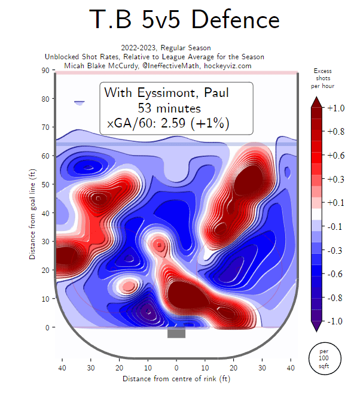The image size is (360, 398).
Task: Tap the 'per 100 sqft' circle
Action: (323, 358)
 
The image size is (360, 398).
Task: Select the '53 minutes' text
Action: (169, 108)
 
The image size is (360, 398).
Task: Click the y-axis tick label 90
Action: (44, 70)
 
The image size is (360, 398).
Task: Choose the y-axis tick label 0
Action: (46, 327)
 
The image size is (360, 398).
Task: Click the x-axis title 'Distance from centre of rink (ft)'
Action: (176, 379)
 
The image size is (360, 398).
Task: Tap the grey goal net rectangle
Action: (176, 333)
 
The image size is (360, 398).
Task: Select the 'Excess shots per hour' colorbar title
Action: (323, 78)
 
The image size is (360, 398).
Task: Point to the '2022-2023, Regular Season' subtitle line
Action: (166, 47)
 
